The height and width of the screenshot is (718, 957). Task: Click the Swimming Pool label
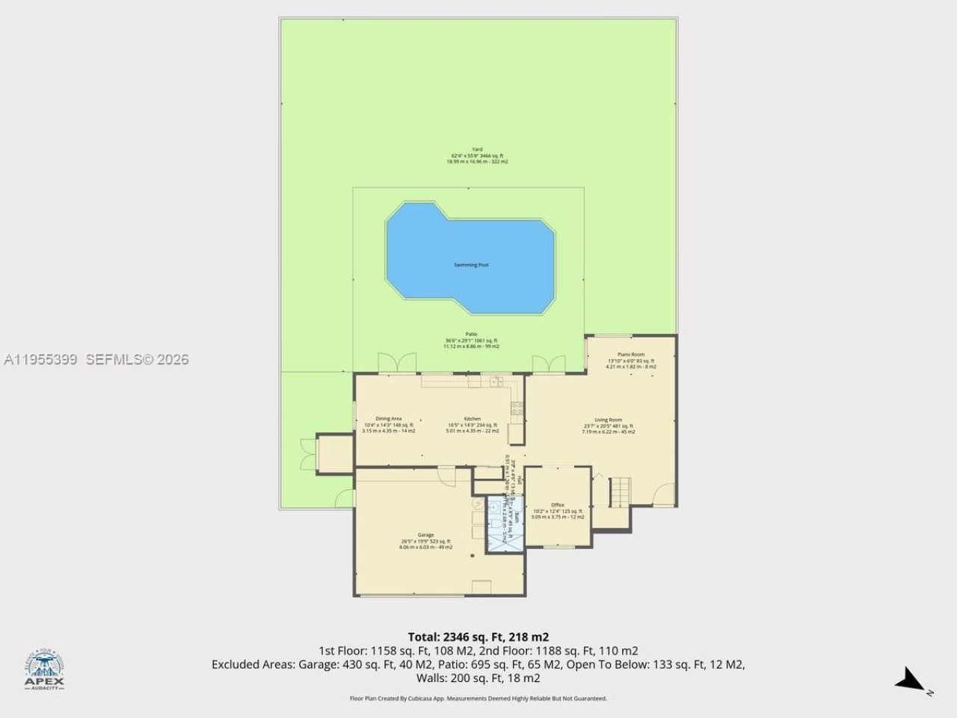[471, 265]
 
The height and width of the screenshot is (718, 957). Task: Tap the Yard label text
[477, 150]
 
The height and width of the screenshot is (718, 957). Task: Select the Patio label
[471, 334]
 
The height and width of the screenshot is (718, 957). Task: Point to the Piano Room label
[631, 355]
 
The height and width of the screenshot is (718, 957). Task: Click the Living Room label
[608, 420]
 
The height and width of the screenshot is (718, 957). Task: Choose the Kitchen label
[472, 419]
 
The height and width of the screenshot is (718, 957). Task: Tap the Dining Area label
[388, 419]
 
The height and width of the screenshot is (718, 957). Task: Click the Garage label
[425, 536]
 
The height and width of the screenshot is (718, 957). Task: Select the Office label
[557, 506]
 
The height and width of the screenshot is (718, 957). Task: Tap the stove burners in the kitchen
[516, 408]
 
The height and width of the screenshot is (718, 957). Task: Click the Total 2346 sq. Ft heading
[478, 637]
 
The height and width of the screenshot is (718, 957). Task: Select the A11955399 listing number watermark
[40, 360]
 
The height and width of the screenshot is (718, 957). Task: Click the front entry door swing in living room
[662, 494]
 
